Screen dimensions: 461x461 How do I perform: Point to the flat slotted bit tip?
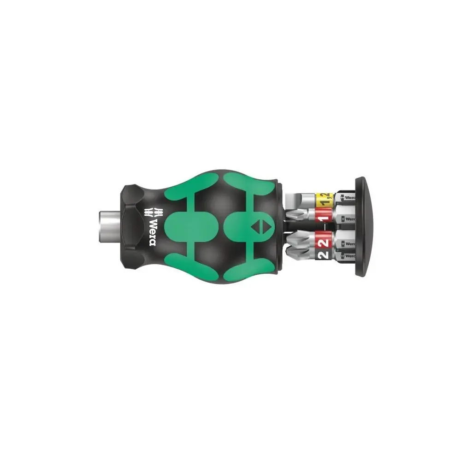[295, 201]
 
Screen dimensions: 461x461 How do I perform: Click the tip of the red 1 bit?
[290, 215]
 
